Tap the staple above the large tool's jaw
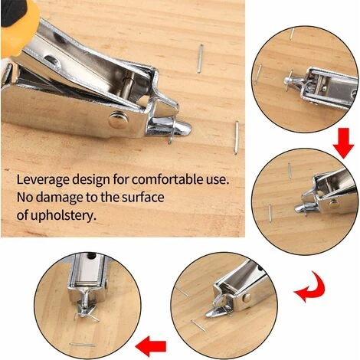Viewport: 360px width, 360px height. pyautogui.click(x=200, y=57)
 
